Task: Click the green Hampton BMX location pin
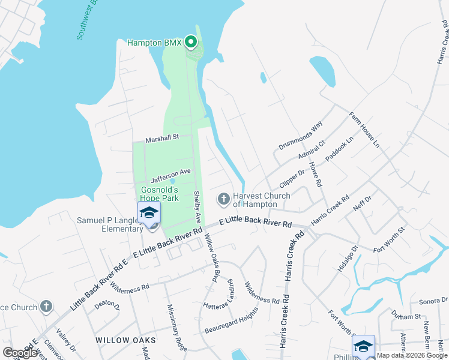pos(191,42)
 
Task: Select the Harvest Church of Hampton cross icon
pos(224,198)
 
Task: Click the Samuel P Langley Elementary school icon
pos(149,213)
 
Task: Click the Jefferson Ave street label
pos(170,175)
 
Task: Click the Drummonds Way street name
pos(301,136)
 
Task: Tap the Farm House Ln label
pos(364,128)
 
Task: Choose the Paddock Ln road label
pos(339,151)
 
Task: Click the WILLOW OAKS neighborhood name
pos(125,340)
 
